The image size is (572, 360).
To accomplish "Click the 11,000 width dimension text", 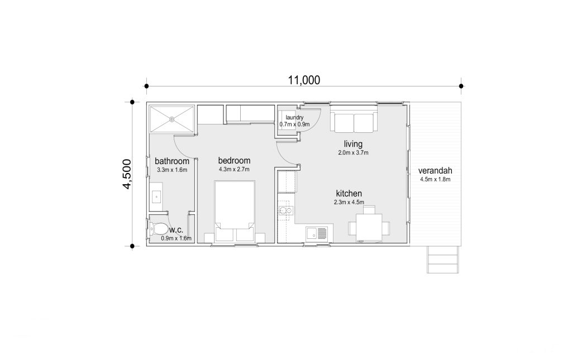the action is click(x=304, y=80).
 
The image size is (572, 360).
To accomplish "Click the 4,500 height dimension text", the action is click(x=127, y=174).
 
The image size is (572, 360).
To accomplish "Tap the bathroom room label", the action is click(x=172, y=161).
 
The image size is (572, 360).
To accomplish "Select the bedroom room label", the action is click(x=234, y=160).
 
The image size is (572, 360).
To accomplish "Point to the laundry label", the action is click(x=294, y=117).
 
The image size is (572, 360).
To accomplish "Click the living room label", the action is click(x=353, y=144).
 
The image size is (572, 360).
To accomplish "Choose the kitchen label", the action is click(x=349, y=194).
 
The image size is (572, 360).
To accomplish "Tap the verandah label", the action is click(x=435, y=171).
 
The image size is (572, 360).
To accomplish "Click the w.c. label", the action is click(x=176, y=230).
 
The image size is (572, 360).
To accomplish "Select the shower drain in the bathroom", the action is click(x=172, y=119).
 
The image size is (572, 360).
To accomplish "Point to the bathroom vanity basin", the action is click(x=156, y=197).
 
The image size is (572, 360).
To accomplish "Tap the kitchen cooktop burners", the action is click(x=285, y=210).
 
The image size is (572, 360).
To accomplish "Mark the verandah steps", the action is click(x=443, y=259).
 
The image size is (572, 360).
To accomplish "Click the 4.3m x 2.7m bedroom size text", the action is click(x=234, y=169).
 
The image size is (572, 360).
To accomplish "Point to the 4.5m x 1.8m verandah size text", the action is click(x=435, y=179).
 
